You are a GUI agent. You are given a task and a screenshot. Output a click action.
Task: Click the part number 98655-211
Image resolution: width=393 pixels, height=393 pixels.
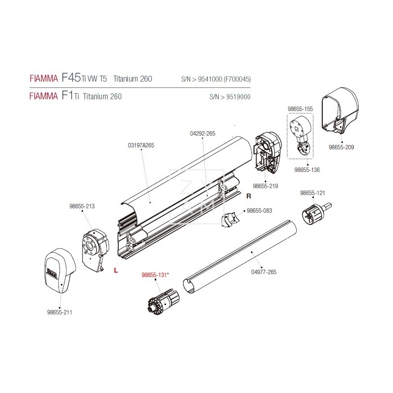59,312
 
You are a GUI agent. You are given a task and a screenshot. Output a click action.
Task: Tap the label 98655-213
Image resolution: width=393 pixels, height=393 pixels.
83,207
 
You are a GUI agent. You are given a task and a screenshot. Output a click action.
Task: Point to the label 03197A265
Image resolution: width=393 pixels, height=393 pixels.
141,145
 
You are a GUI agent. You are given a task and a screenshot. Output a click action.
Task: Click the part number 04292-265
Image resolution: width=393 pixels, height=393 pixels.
202,133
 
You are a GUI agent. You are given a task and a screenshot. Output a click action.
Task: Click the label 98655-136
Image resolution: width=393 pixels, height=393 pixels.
307,169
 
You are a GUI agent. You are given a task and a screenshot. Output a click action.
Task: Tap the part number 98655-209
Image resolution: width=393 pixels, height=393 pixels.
341,146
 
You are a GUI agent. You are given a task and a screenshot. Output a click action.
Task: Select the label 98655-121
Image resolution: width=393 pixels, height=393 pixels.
312,194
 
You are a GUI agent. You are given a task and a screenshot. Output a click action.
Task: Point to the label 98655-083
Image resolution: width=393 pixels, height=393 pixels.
259,210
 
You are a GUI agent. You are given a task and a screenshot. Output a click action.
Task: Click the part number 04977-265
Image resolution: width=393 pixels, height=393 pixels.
264,272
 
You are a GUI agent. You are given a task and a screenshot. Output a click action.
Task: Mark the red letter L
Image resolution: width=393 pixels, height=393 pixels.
115,270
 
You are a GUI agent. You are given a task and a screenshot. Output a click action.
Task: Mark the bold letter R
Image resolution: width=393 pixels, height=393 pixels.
249,196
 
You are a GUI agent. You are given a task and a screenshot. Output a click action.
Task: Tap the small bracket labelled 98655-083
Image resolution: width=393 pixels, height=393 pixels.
230,220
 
